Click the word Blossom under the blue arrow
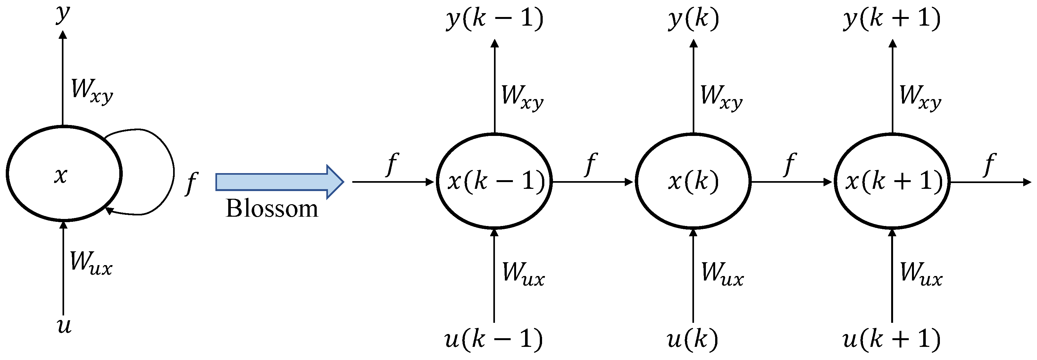272,209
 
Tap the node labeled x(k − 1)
494,182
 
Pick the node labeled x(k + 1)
892,182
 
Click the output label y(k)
693,19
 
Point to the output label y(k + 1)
892,19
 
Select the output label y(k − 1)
495,19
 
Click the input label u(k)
692,339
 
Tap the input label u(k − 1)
494,339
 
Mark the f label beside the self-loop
192,184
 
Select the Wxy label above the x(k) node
721,97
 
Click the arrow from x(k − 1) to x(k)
592,182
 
